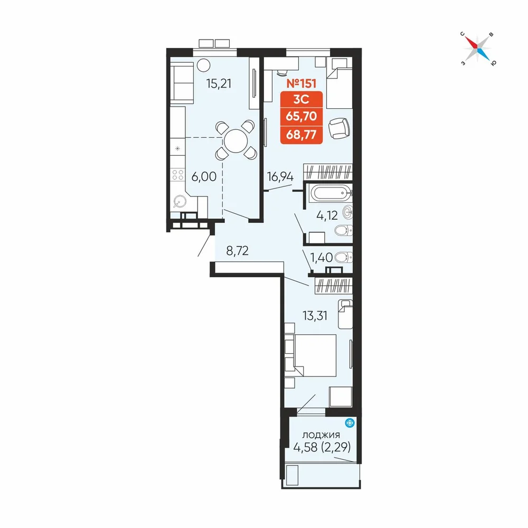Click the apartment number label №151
301,83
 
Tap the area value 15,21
219,83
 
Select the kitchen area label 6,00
204,176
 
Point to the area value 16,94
280,176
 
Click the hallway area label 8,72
238,250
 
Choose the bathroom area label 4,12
327,215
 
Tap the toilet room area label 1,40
321,258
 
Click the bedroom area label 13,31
315,316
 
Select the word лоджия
321,435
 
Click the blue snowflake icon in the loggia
350,422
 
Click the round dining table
236,141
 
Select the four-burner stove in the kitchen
178,175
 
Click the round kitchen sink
179,202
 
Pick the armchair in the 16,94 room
339,128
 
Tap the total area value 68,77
301,135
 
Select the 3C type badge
301,100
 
